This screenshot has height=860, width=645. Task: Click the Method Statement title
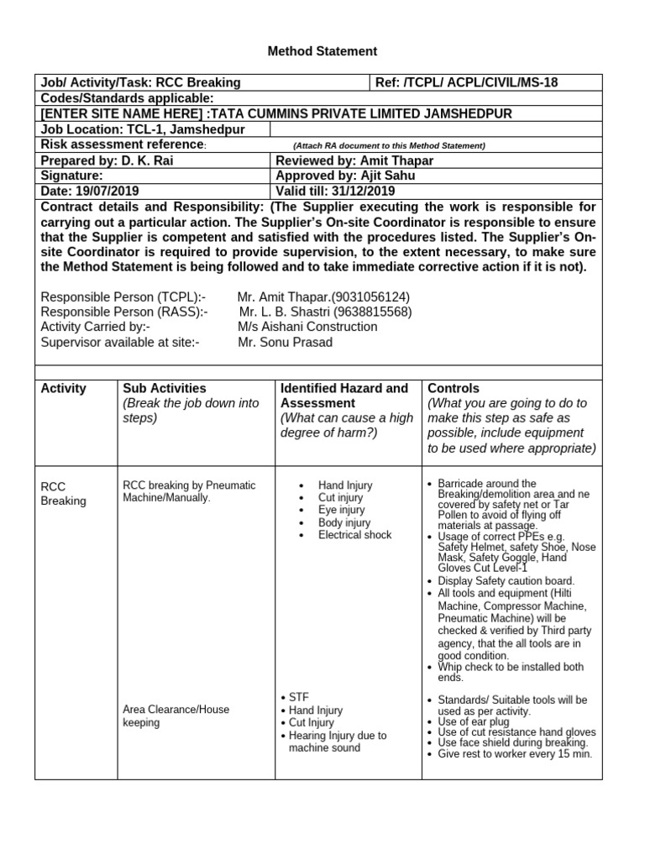point(322,51)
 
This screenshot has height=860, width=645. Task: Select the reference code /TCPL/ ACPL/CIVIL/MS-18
point(481,82)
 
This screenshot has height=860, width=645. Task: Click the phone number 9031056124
point(370,296)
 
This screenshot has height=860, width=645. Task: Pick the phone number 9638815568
point(373,312)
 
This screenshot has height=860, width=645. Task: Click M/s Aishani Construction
point(307,327)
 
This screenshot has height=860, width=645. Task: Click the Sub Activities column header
point(165,388)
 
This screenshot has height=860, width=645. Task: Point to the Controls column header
point(454,388)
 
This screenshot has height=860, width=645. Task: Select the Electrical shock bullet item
point(354,534)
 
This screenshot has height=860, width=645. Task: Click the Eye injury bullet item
point(341,510)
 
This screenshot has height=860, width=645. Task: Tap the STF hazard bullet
point(299,698)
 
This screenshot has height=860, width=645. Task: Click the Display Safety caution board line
point(506,581)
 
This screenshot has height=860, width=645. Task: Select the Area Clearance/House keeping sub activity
point(176,716)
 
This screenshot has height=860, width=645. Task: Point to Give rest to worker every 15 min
point(515,753)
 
